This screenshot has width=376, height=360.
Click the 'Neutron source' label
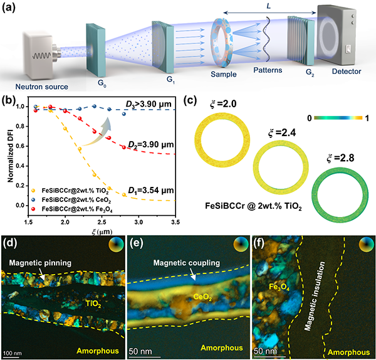pyautogui.click(x=42, y=87)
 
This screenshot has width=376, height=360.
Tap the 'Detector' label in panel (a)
pyautogui.click(x=347, y=71)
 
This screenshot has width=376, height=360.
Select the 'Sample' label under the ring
pyautogui.click(x=224, y=74)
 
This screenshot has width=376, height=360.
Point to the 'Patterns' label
pyautogui.click(x=268, y=70)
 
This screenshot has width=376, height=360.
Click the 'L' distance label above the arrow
pyautogui.click(x=269, y=6)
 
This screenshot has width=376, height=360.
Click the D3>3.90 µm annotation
pyautogui.click(x=149, y=104)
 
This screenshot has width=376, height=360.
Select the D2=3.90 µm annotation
pyautogui.click(x=151, y=145)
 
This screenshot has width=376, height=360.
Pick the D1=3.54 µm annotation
pyautogui.click(x=151, y=191)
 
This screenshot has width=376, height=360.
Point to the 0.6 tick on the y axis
pyautogui.click(x=20, y=146)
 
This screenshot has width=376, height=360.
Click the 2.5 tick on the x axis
pyautogui.click(x=102, y=222)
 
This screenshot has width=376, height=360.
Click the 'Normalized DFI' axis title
pyautogui.click(x=10, y=156)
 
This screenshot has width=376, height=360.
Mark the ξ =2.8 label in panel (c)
pyautogui.click(x=340, y=159)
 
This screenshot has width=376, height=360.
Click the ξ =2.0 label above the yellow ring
pyautogui.click(x=223, y=104)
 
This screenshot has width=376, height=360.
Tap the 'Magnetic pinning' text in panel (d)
pyautogui.click(x=40, y=263)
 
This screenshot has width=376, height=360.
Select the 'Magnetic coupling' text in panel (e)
pyautogui.click(x=187, y=263)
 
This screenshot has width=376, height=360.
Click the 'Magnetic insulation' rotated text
pyautogui.click(x=315, y=296)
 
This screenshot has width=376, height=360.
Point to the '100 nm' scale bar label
pyautogui.click(x=13, y=353)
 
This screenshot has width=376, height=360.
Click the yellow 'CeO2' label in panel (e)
pyautogui.click(x=202, y=298)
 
